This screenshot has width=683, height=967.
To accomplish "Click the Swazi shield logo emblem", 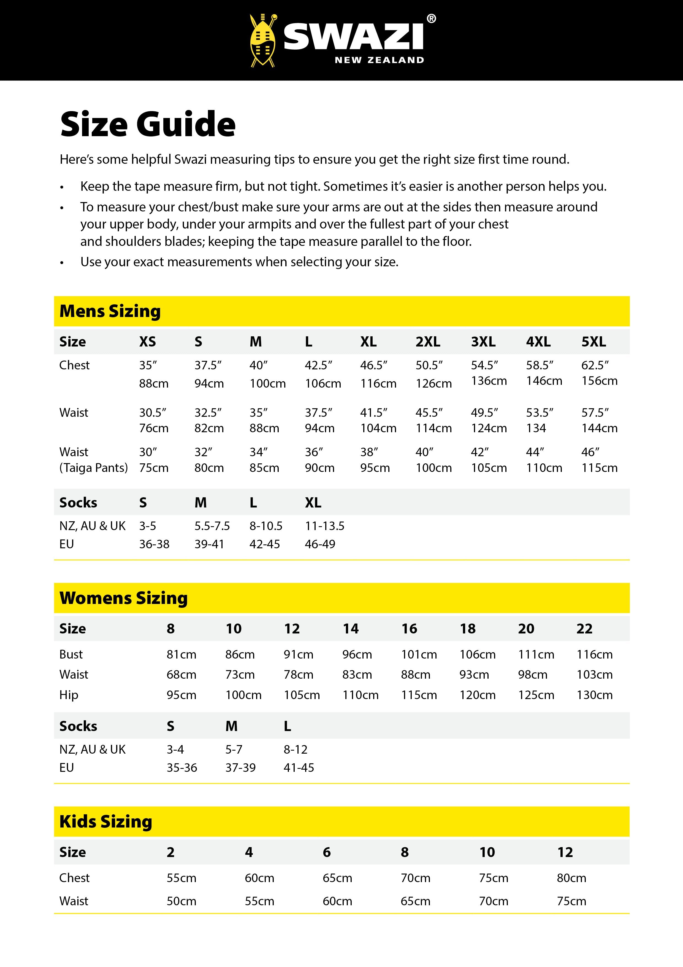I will click(262, 41).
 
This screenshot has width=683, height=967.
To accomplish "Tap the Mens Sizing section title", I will click(110, 311).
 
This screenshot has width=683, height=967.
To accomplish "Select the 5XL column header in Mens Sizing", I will click(593, 342).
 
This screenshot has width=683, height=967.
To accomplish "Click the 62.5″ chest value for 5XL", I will click(595, 365).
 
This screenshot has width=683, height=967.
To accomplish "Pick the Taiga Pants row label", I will click(93, 468).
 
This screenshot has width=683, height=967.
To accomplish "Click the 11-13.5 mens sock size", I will click(324, 526).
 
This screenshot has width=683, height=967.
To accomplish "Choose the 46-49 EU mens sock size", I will click(320, 544).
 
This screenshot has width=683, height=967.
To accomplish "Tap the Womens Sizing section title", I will click(123, 598).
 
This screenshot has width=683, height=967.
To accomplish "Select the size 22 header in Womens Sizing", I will click(584, 629).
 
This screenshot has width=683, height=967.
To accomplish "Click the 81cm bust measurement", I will click(181, 654).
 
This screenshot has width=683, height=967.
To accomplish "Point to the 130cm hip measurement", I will click(594, 695).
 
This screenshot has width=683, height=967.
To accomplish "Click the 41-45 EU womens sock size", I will click(299, 768).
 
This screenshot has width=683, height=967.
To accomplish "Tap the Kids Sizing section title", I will click(106, 822).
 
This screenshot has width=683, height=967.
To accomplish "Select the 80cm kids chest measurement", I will click(571, 878).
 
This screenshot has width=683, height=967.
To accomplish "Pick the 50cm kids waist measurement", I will click(181, 901).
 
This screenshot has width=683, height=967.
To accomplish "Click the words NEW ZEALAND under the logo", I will click(379, 60).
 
